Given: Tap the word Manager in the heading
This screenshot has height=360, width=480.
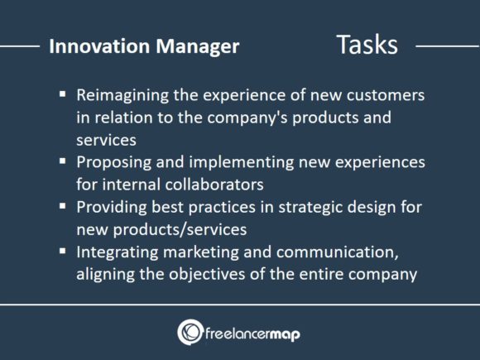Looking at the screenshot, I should pos(193,46).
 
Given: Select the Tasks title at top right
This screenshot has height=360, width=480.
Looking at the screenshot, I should pos(367,45).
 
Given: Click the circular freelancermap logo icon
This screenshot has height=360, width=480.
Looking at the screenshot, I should pos(190,332).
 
